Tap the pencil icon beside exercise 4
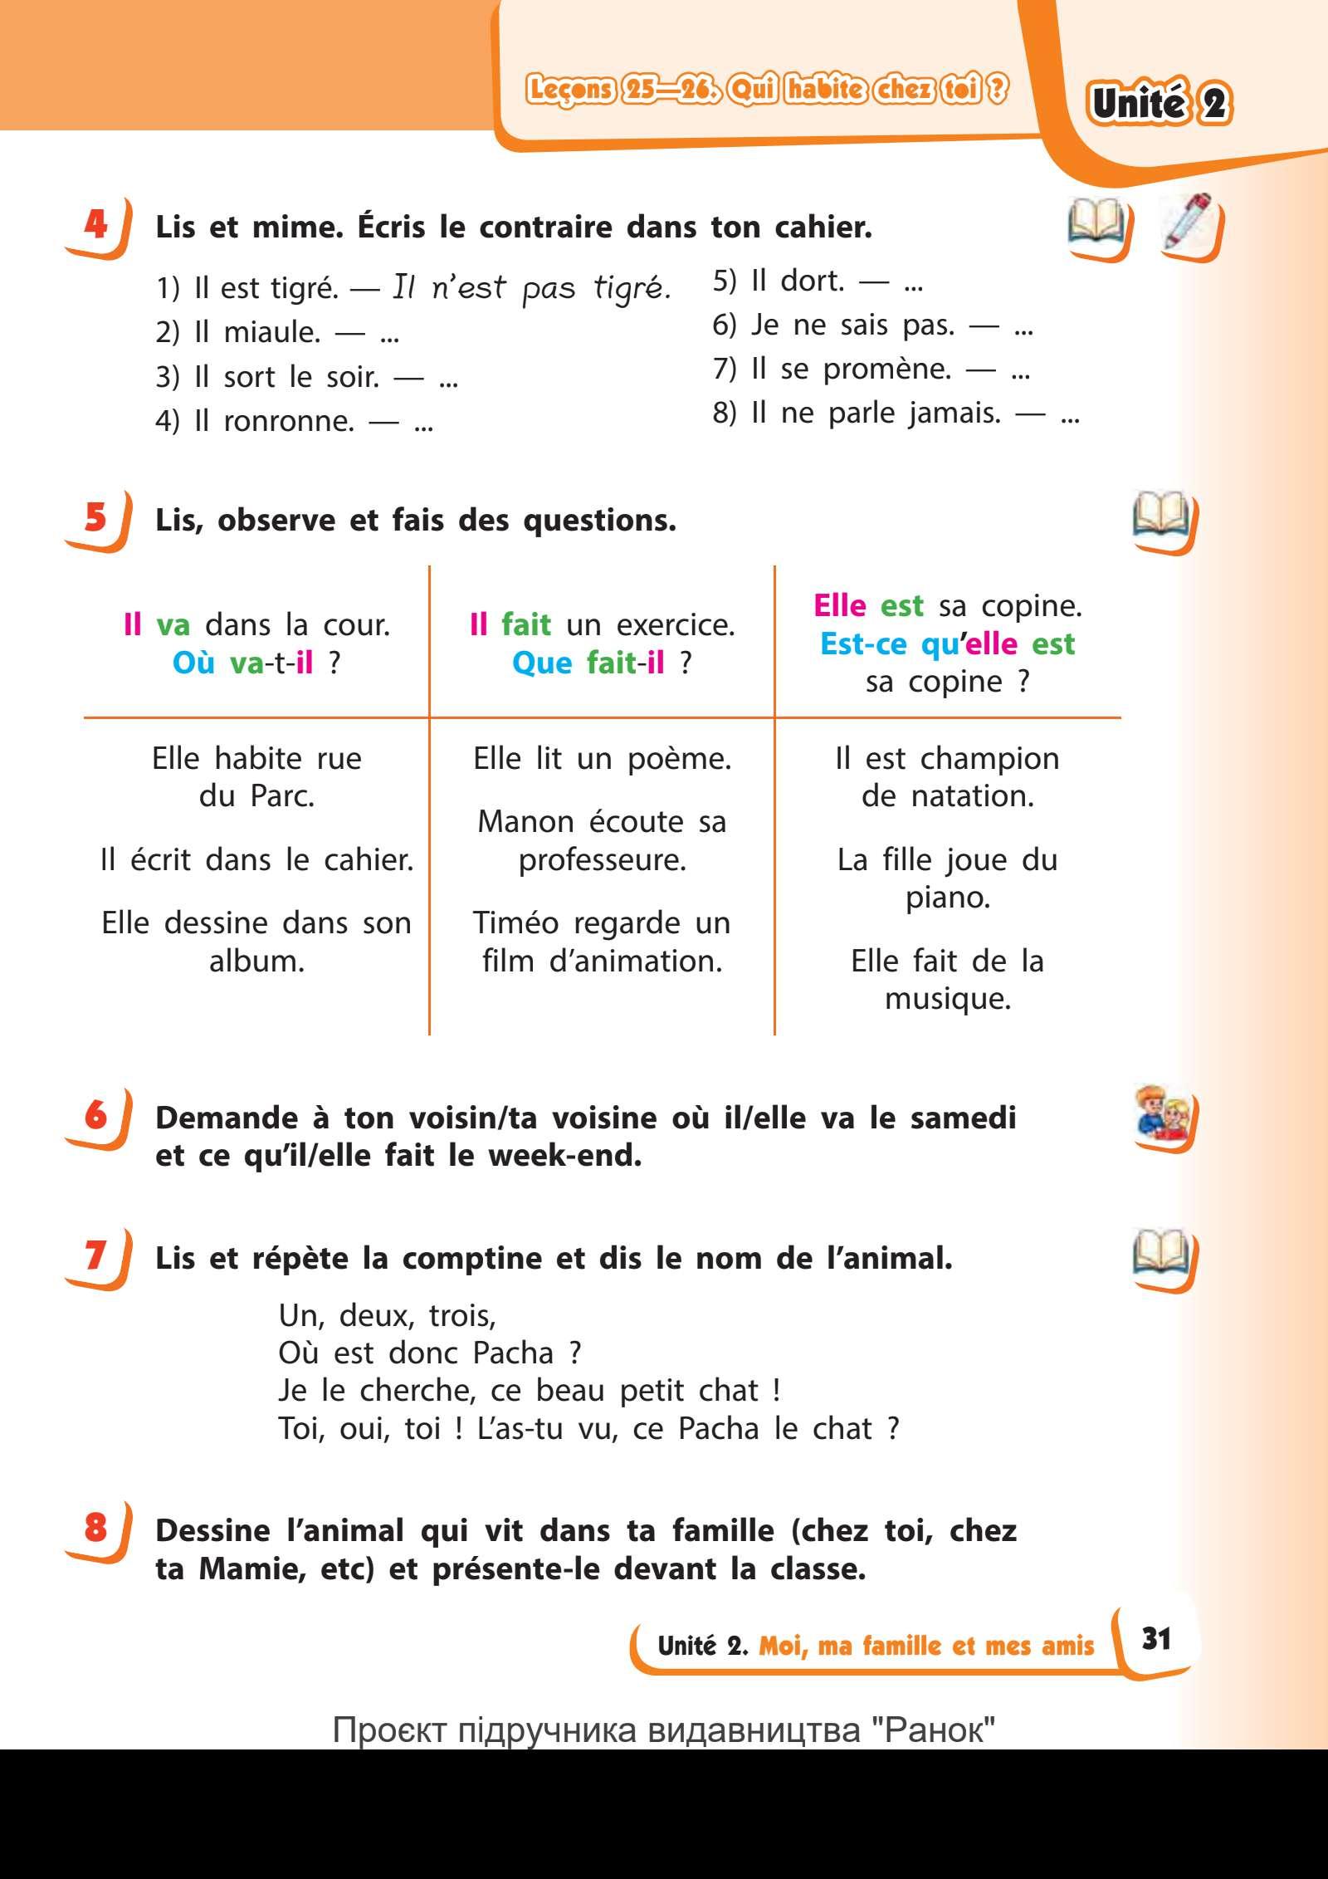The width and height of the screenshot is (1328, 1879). [x=1189, y=222]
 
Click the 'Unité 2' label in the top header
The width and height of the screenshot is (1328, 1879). [x=1160, y=104]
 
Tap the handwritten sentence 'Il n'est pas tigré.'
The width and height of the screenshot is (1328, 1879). [x=531, y=288]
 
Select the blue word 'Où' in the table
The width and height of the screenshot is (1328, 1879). [x=194, y=663]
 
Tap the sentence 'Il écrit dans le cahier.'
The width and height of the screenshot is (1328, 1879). [x=256, y=859]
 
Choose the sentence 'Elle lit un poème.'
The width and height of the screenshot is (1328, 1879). [x=602, y=758]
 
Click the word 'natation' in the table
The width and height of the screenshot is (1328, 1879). [x=972, y=796]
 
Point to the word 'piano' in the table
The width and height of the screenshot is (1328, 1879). [x=948, y=898]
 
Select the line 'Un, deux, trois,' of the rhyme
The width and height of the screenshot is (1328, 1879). [x=387, y=1315]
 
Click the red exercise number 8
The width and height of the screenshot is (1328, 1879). [x=95, y=1527]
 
